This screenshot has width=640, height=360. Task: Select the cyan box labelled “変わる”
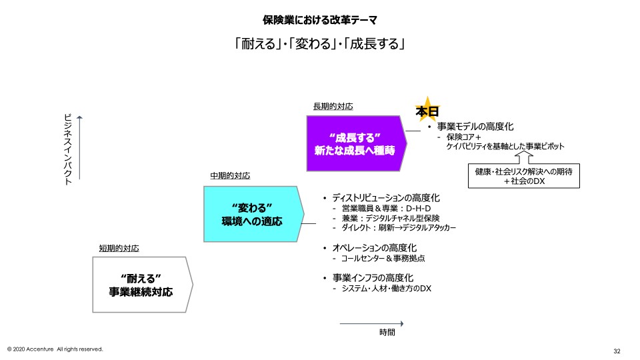point(252,213)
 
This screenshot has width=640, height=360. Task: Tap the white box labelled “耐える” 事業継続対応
point(141,285)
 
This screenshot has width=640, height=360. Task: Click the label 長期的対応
point(333,107)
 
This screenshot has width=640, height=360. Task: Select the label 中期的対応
point(230,176)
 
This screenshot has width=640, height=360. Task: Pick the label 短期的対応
point(119,249)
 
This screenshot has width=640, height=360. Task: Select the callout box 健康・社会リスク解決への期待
point(524,175)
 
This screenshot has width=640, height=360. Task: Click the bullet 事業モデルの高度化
point(475,126)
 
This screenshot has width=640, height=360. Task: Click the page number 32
point(617,351)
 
